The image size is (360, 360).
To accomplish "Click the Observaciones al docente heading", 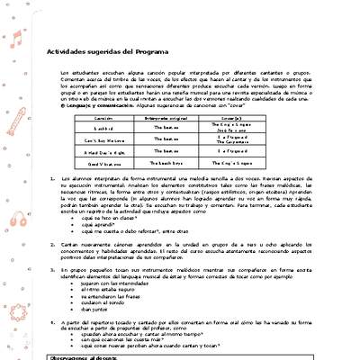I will (x=86, y=356).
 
